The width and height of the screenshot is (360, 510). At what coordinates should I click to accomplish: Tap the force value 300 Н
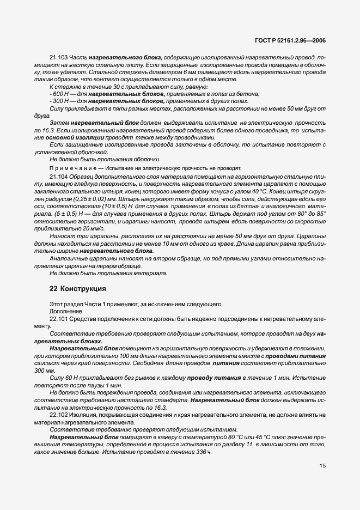60,101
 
